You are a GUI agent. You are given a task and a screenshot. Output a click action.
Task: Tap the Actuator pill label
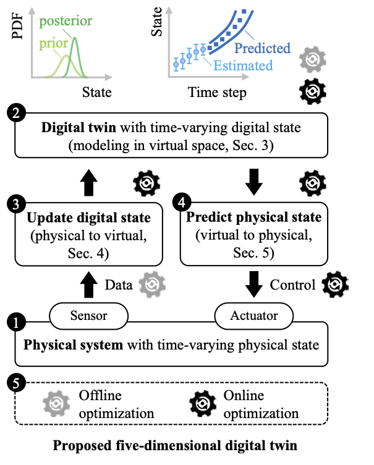pos(254,316)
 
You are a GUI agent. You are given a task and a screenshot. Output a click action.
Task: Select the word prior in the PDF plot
pos(54,44)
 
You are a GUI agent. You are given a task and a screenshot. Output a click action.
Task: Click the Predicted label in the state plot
pos(262,48)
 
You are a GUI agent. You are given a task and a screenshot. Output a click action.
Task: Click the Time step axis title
pos(216,93)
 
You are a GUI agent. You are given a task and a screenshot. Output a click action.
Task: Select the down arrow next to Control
pos(253,283)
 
